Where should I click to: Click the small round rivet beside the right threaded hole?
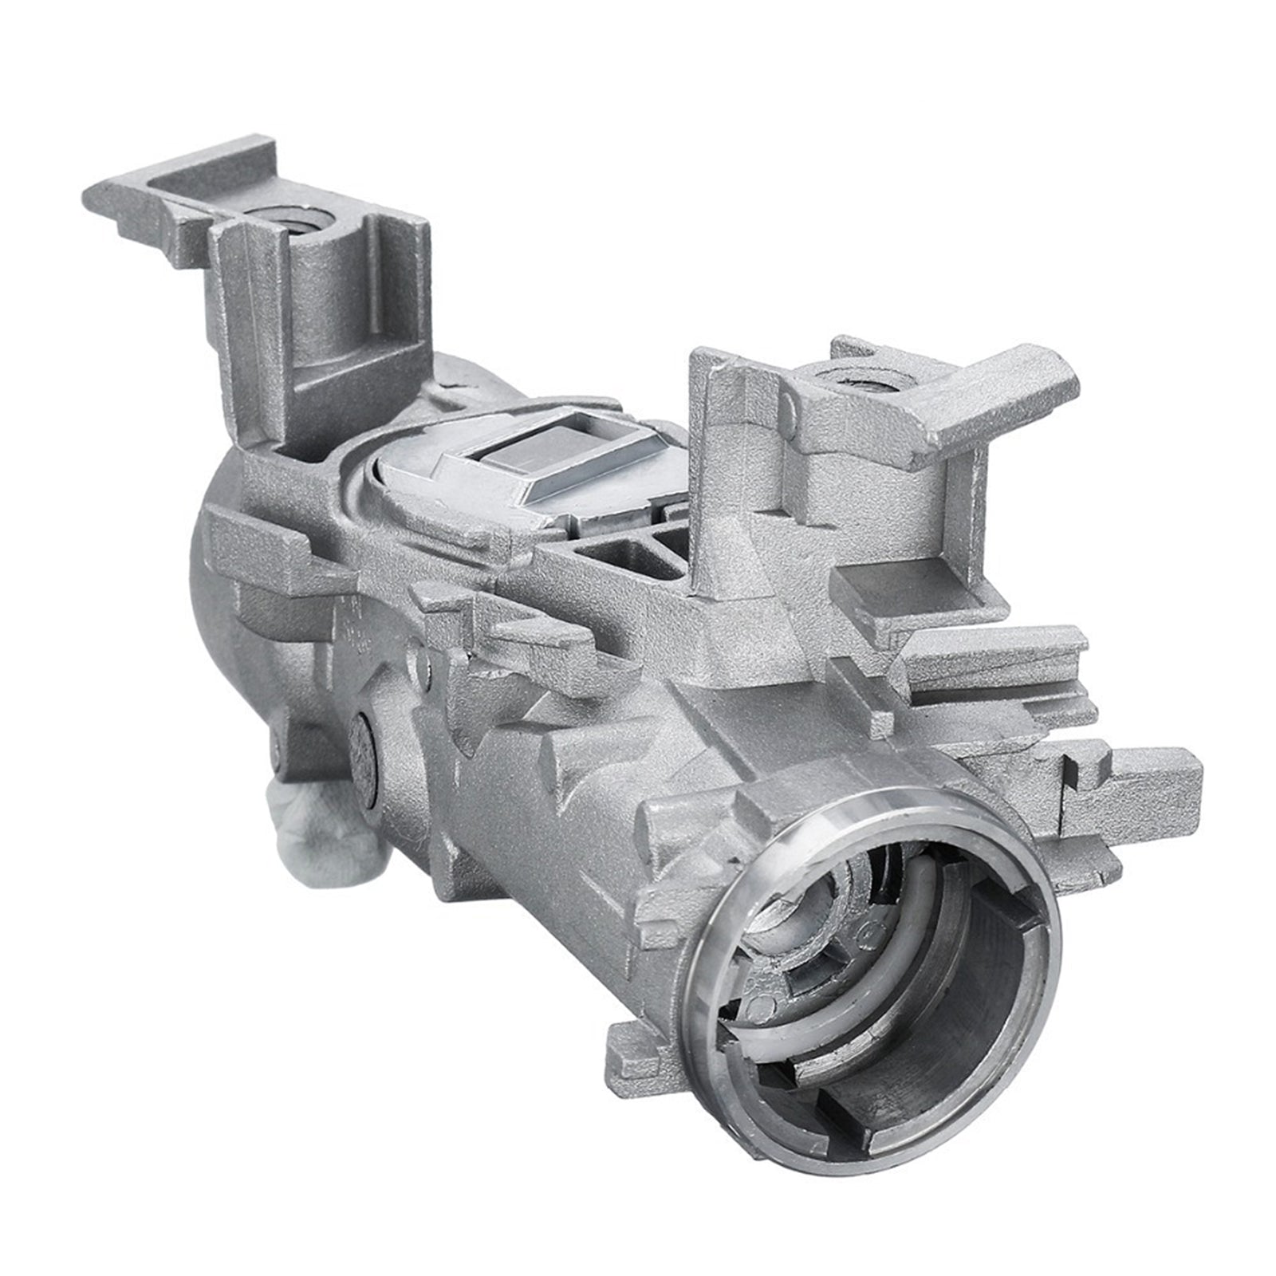point(790,409)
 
